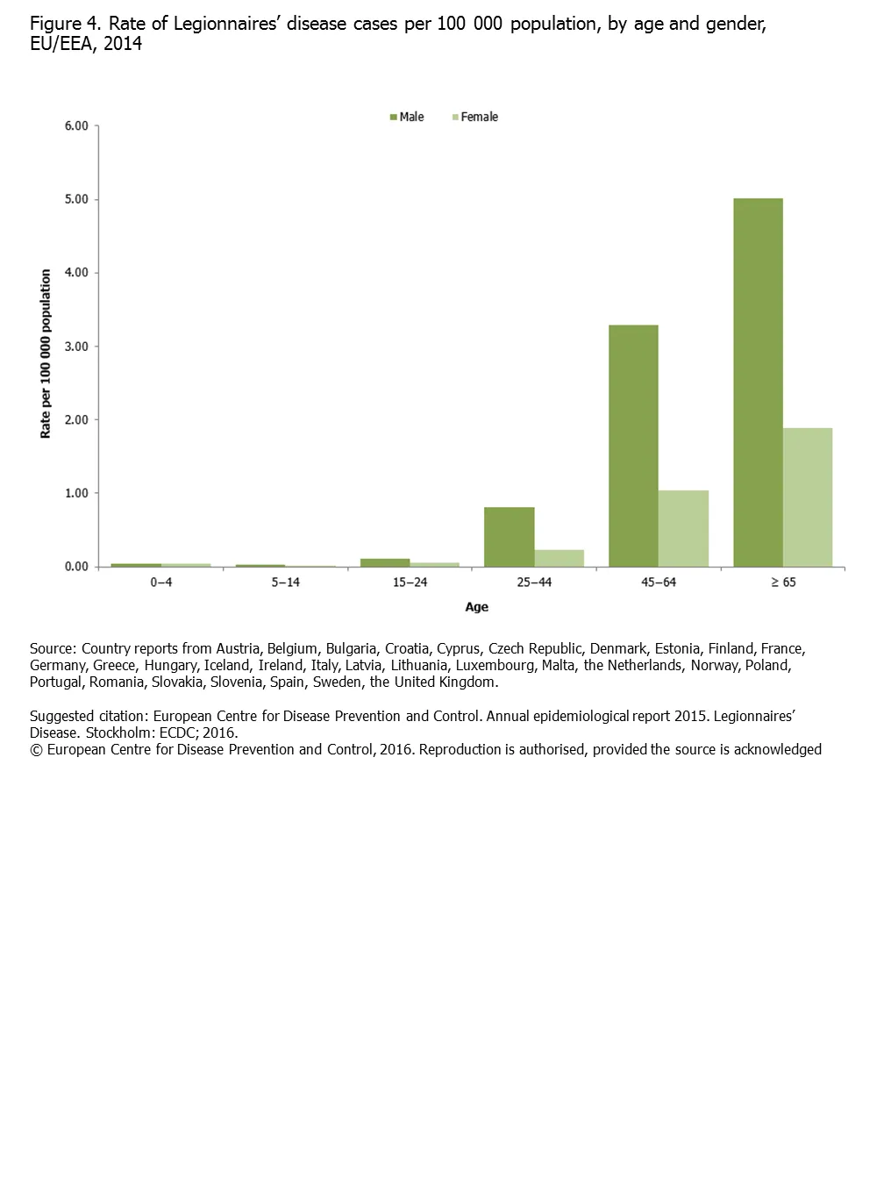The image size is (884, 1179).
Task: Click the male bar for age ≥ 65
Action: [x=758, y=382]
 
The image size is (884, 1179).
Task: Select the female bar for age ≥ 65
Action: [x=808, y=497]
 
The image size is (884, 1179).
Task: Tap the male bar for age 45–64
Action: [x=633, y=446]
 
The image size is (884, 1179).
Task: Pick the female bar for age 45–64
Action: [x=683, y=528]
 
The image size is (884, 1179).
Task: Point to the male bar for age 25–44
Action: [x=509, y=537]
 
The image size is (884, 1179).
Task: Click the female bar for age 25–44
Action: [x=559, y=558]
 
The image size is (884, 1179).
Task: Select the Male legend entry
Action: [x=407, y=117]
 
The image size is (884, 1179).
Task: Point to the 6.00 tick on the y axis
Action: [x=76, y=126]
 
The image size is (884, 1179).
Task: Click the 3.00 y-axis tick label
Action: [x=76, y=347]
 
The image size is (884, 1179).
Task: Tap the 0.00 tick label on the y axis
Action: [x=76, y=567]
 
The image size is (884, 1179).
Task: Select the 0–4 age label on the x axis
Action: [x=160, y=582]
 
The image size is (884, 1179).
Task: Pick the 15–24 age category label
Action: [x=410, y=582]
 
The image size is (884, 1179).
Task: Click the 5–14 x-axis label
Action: [x=285, y=582]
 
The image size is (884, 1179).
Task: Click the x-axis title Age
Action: [x=476, y=607]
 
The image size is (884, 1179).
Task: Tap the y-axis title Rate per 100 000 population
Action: [x=46, y=354]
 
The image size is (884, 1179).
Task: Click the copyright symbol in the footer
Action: [x=36, y=749]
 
